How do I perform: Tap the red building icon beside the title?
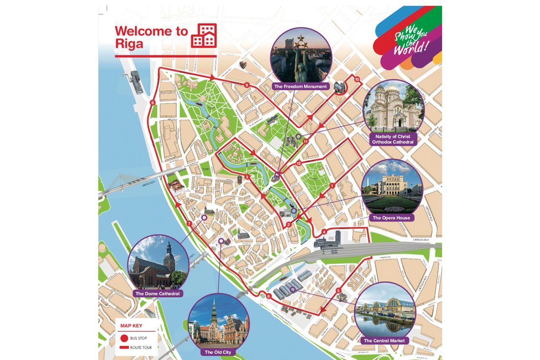[204, 35]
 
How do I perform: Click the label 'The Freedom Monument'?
[300, 86]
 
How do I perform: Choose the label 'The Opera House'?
[391, 218]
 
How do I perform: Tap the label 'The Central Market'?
[384, 340]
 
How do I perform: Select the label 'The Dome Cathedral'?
[157, 293]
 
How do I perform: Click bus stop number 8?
[152, 102]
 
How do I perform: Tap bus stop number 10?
[357, 79]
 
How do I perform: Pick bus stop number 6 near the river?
[268, 296]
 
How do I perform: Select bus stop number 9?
[247, 85]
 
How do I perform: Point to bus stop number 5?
[338, 290]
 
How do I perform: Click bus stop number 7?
[189, 224]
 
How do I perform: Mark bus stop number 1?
[332, 185]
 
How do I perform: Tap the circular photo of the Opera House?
[392, 186]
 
